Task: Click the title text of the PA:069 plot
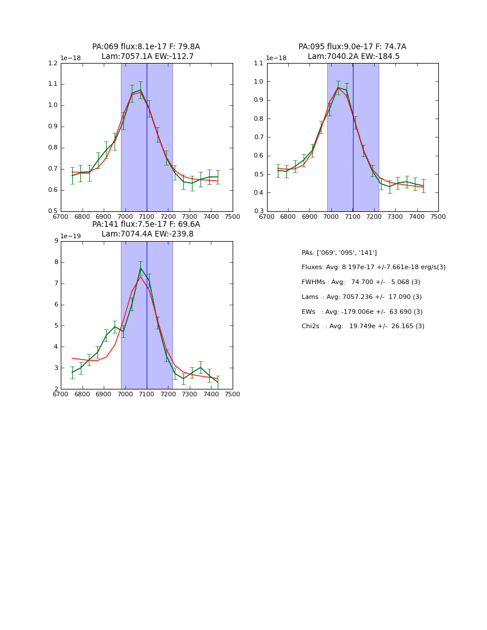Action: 146,52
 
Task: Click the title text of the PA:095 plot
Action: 352,52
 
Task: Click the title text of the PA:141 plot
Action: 146,229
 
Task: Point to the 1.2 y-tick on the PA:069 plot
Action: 53,64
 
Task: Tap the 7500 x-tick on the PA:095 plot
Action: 438,217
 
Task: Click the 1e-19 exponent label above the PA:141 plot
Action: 71,236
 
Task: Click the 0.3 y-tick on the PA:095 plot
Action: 259,211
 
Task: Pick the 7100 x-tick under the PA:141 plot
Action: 147,395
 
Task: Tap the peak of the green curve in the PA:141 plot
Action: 140,268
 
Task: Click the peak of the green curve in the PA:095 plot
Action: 338,87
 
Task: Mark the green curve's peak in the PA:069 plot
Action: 140,89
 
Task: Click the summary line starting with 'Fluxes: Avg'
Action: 373,267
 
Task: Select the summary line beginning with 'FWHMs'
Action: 361,282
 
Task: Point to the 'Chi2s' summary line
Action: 363,326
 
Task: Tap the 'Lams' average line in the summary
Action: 362,297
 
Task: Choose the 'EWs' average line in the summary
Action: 362,312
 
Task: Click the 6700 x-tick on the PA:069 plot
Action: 61,217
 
